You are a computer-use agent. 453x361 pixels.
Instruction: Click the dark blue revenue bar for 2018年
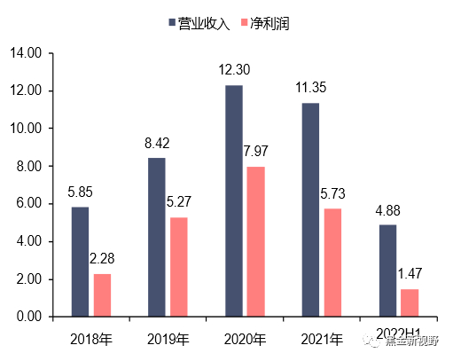pos(80,262)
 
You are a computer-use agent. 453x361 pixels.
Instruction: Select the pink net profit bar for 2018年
pos(103,294)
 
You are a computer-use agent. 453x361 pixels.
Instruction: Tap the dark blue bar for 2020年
pos(234,200)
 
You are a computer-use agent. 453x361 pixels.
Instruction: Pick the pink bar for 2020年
pos(256,241)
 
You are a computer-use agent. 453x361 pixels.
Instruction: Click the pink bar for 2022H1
pos(409,302)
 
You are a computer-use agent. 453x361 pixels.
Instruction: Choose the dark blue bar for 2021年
pos(310,209)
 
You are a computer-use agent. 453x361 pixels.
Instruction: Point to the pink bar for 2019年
pos(179,267)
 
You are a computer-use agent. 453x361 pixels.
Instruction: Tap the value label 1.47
pos(410,274)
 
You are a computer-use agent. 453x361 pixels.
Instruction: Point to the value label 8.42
pos(156,143)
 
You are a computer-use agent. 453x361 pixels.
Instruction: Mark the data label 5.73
pos(333,193)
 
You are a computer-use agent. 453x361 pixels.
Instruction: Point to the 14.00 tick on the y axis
pos(27,53)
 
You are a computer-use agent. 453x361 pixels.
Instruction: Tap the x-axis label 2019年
pos(168,339)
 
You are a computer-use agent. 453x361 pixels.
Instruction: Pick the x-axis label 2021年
pos(322,339)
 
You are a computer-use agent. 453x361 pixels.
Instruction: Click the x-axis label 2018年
pos(91,339)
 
